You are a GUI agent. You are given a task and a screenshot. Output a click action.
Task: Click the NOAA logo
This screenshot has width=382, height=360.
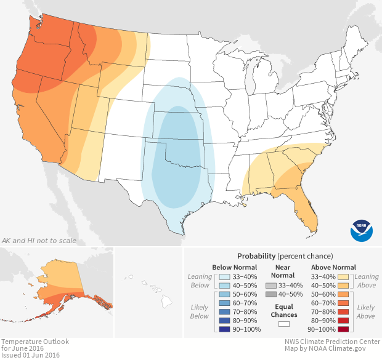click(361, 230)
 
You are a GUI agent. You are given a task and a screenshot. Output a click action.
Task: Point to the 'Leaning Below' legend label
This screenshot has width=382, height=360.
click(200, 281)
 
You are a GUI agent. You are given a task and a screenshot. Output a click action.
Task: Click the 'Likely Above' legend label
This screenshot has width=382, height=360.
click(365, 311)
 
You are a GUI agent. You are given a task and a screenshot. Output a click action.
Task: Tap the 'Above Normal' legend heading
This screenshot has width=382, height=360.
click(335, 267)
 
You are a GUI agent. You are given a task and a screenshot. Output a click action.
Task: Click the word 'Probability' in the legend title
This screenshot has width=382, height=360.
click(256, 255)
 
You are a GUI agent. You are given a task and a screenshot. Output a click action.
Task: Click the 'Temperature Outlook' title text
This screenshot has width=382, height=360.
click(35, 341)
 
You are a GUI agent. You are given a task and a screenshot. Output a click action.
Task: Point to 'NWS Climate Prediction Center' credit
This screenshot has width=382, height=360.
click(332, 341)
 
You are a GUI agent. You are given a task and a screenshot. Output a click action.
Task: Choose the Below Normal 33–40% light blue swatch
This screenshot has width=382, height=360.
click(226, 277)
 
